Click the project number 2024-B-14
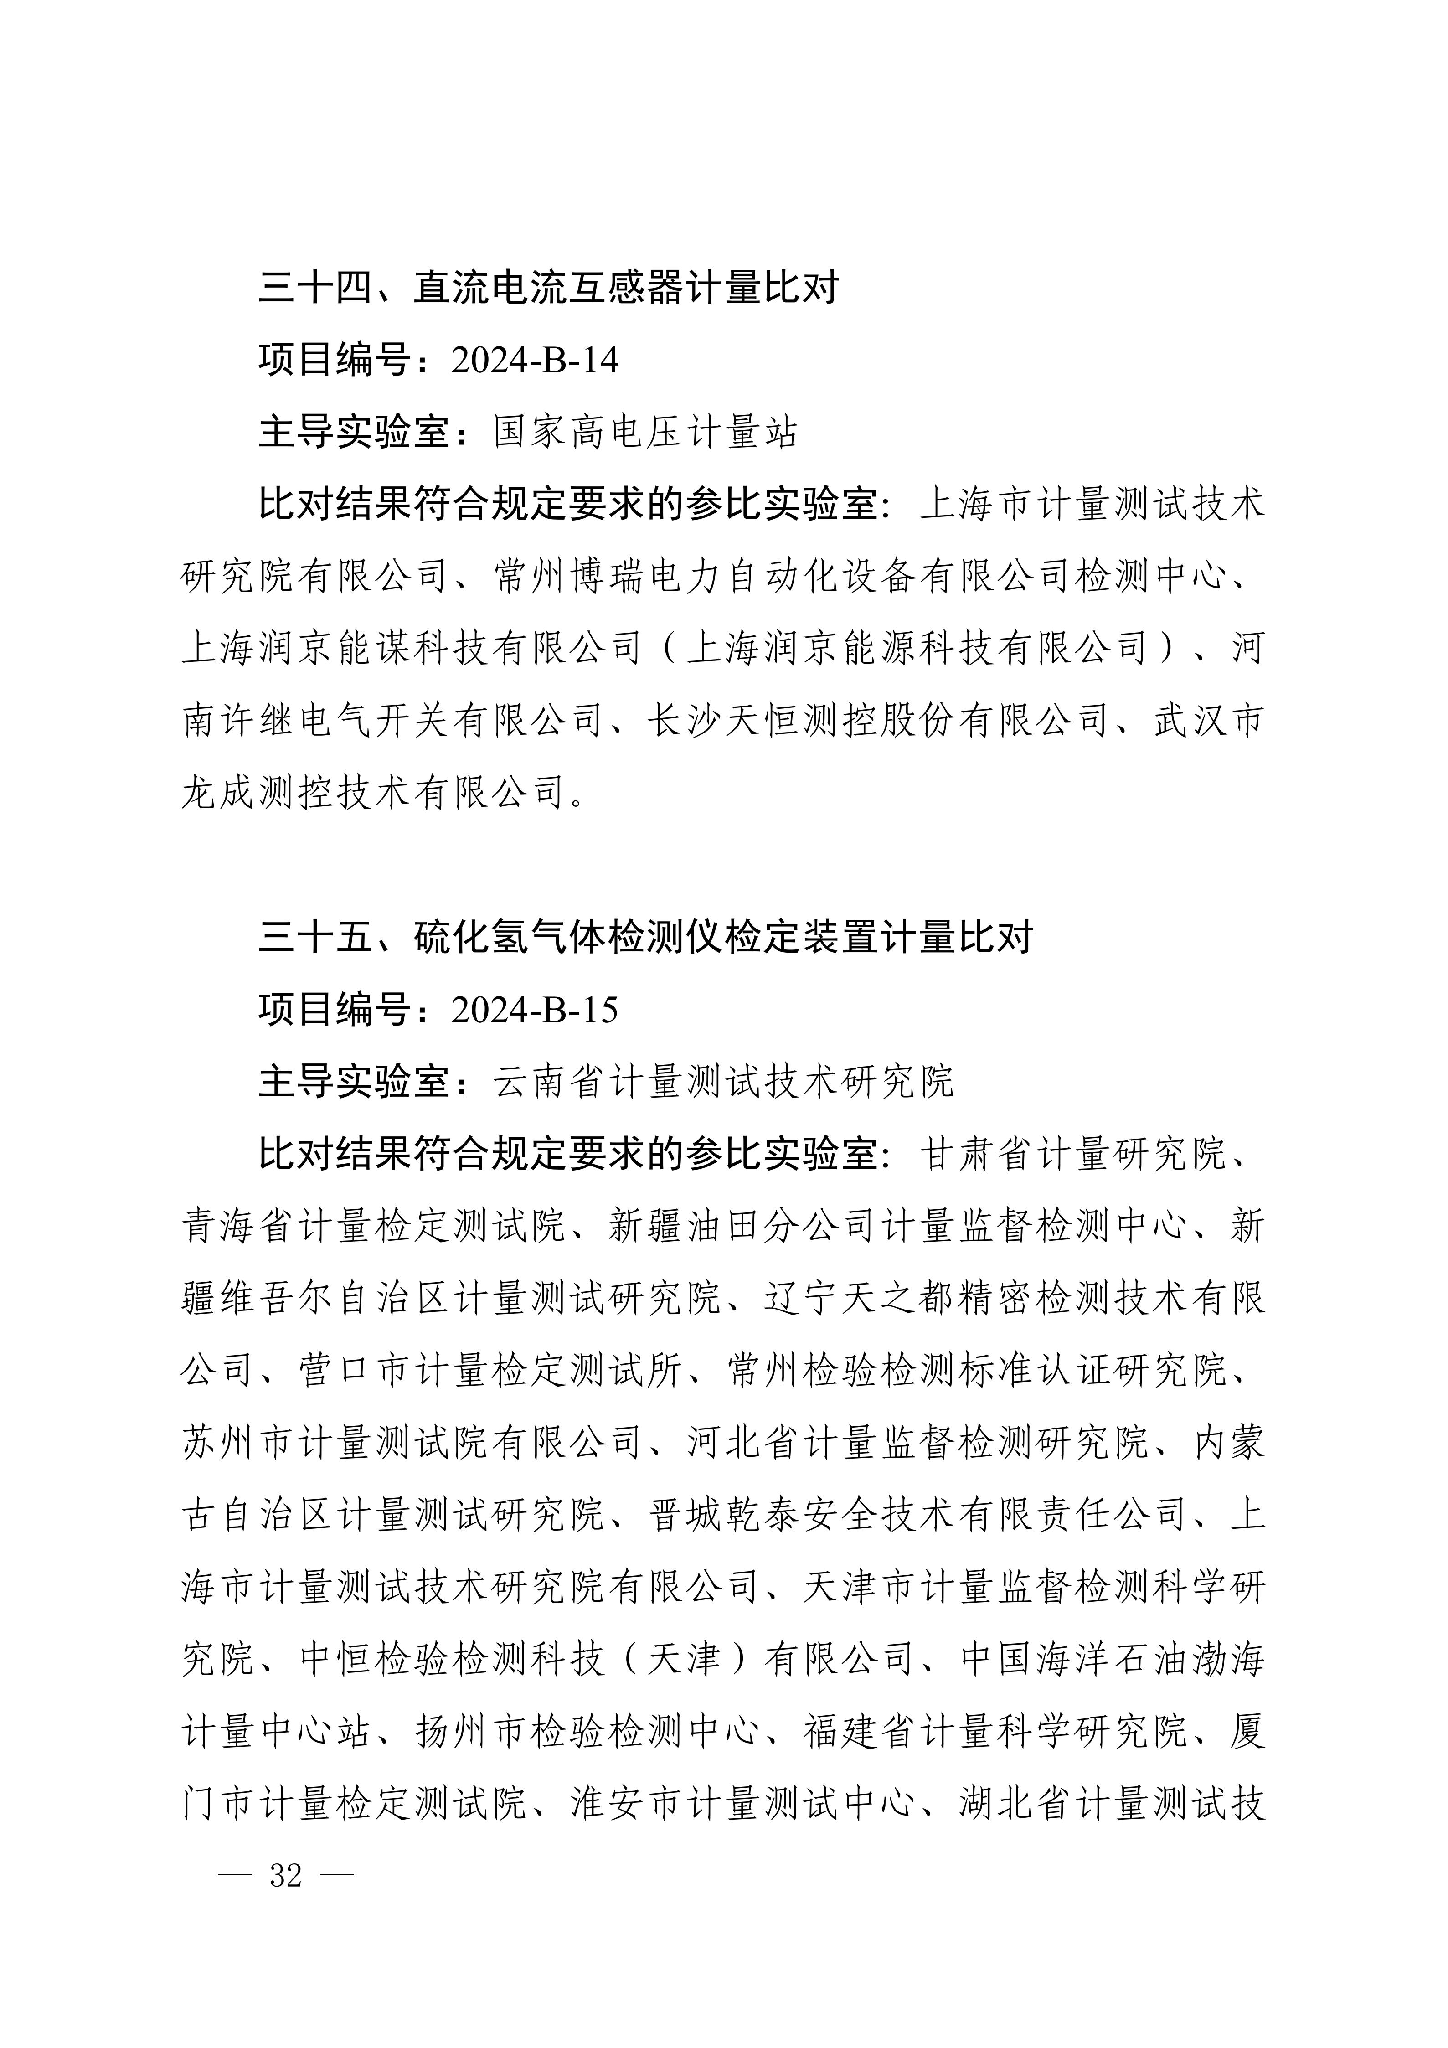click(x=535, y=361)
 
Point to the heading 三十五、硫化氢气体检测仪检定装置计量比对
click(x=645, y=938)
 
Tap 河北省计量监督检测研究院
click(x=918, y=1443)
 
